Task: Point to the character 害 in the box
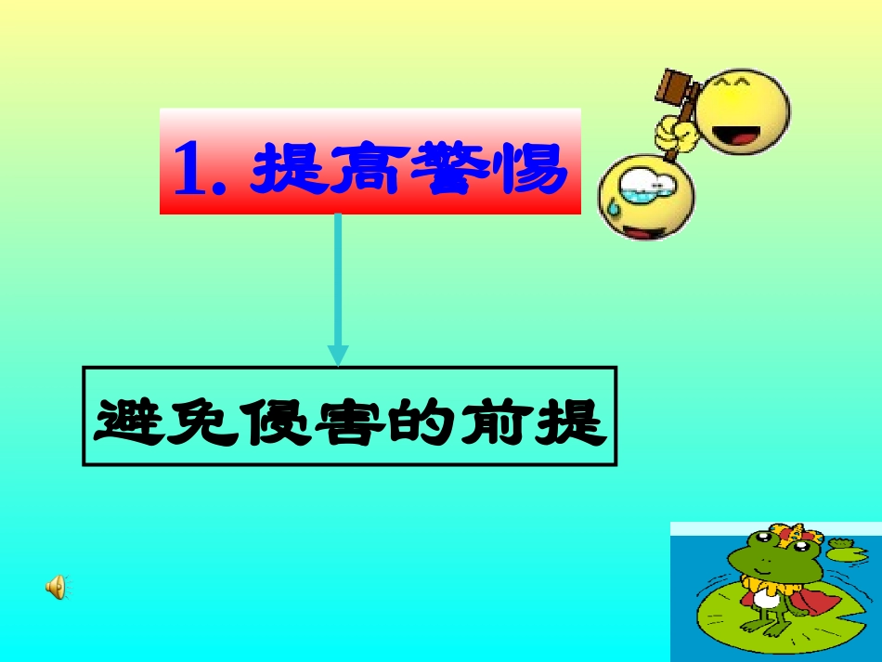[344, 422]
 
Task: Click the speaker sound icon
[57, 586]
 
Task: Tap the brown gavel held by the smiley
[677, 86]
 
